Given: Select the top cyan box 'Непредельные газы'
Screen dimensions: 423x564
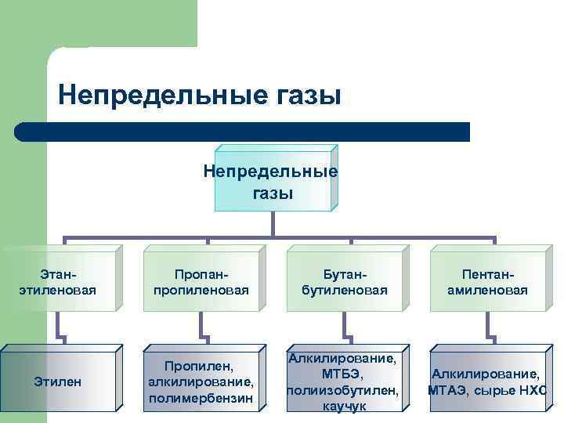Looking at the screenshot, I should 272,182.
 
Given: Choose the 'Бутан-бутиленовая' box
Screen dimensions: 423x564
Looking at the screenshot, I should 344,282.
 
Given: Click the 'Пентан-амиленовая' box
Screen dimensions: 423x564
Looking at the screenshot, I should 487,282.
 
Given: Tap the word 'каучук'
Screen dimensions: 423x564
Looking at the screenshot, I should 344,407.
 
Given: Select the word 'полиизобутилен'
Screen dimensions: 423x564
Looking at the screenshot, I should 344,390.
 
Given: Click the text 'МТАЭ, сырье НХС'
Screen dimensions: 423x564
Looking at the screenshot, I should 487,390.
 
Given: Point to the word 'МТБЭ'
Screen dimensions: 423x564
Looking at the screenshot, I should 344,374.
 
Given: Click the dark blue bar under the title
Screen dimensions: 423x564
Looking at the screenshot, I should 243,132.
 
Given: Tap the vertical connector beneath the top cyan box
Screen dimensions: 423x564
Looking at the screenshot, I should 272,223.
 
